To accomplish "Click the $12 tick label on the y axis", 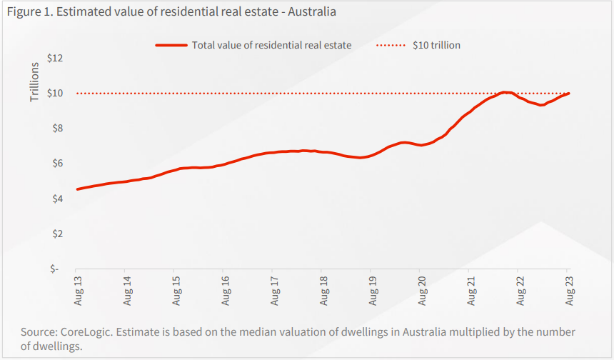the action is [55, 59].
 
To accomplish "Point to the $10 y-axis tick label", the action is [55, 94].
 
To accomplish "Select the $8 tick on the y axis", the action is [58, 129].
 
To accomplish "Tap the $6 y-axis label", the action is [58, 164].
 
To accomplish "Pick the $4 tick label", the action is [58, 199].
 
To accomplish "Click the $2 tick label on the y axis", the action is [58, 234].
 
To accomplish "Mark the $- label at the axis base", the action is [54, 269].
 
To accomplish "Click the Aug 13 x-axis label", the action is [79, 291].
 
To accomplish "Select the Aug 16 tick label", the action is [226, 291].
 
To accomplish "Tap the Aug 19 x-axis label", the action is [373, 291].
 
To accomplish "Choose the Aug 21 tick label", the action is [471, 291].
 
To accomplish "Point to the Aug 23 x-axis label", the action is [569, 291].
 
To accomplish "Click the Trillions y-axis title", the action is [35, 82].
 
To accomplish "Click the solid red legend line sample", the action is [171, 46].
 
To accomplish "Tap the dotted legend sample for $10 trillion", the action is [391, 46].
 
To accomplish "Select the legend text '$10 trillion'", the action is [437, 46].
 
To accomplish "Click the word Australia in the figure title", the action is [312, 11].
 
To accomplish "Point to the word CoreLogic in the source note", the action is [86, 332].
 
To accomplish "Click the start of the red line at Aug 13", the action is [77, 189].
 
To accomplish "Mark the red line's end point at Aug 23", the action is [568, 94].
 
